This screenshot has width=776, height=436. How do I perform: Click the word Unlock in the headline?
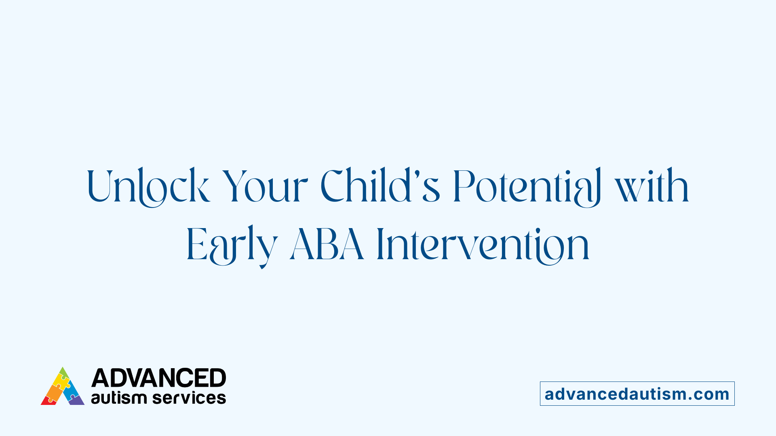tap(148, 187)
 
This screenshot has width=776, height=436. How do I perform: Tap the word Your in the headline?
tap(265, 187)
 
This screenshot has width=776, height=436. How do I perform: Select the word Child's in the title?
tap(380, 187)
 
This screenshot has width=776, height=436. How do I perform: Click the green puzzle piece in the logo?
tap(63, 372)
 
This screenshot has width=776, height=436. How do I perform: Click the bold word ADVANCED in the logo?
tap(158, 378)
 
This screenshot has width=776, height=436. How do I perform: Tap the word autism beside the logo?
tap(119, 398)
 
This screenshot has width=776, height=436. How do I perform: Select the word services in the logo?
tap(189, 398)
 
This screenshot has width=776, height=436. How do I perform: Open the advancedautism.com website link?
tap(637, 394)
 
